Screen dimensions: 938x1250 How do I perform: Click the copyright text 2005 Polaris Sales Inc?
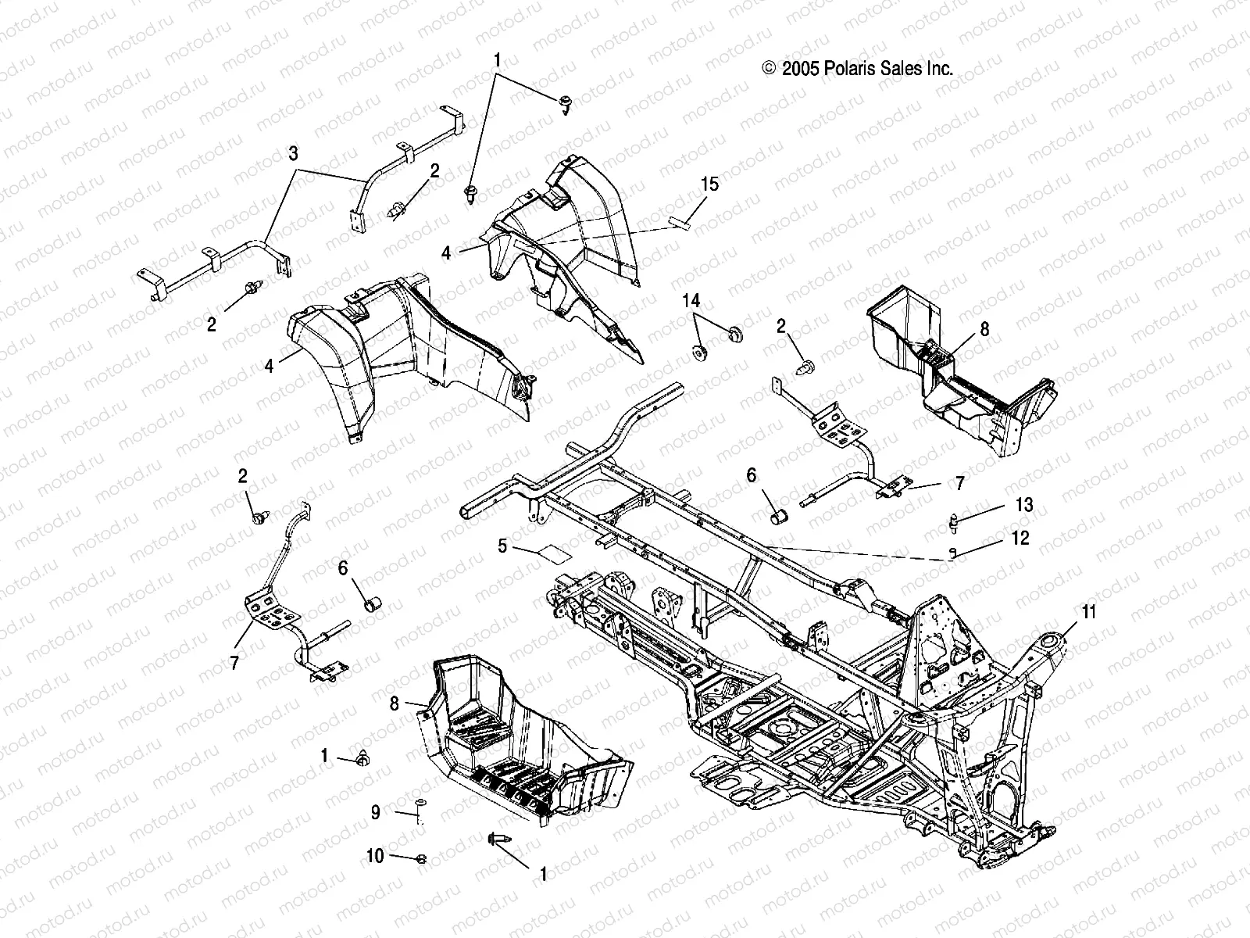tap(857, 69)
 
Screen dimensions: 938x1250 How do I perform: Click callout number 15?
tap(731, 184)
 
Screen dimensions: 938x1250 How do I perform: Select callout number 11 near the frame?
tap(1088, 612)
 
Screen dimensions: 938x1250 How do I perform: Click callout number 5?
tap(503, 546)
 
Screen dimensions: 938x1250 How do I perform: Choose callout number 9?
tap(376, 813)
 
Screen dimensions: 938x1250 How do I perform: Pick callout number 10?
tap(375, 856)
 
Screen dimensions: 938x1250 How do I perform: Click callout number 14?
tap(691, 300)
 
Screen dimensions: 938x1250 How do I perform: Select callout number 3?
tap(293, 154)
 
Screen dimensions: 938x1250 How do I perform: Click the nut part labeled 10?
tap(421, 859)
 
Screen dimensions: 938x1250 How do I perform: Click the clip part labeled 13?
tap(954, 518)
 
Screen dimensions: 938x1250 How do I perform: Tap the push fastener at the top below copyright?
tap(565, 102)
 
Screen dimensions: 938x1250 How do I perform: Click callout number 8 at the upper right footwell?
tap(984, 329)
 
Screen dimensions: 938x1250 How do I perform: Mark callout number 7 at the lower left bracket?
tap(234, 663)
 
